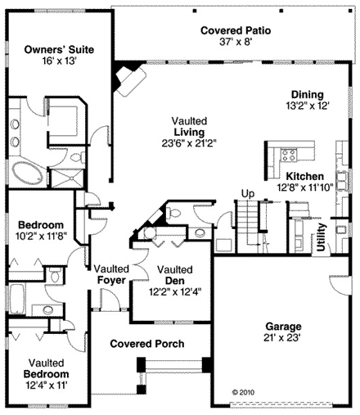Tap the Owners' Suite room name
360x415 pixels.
tap(58, 50)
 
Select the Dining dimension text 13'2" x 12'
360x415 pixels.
tap(304, 106)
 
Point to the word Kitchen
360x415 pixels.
tap(304, 176)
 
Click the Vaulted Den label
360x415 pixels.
tap(174, 269)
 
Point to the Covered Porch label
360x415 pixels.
tap(147, 344)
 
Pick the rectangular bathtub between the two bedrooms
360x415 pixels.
tap(20, 300)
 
